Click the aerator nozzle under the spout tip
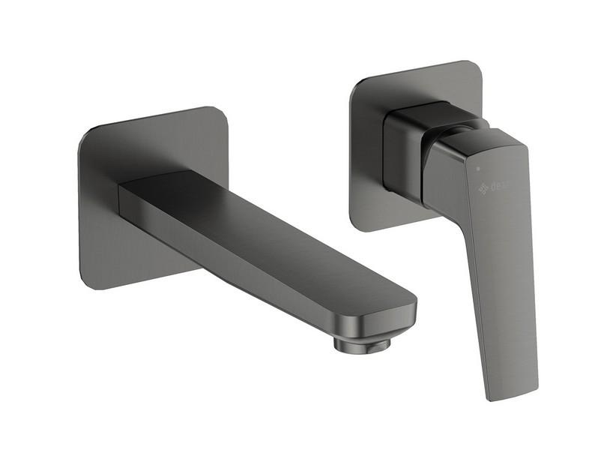(x=362, y=343)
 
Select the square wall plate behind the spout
(x=112, y=225)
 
